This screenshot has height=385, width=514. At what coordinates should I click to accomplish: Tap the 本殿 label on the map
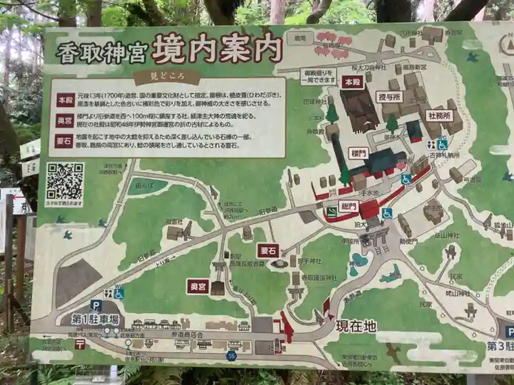pyautogui.click(x=353, y=82)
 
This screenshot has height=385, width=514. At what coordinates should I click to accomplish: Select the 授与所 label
pyautogui.click(x=390, y=96)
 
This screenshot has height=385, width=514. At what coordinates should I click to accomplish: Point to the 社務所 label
pyautogui.click(x=440, y=115)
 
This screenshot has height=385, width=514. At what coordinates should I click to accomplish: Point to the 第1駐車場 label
pyautogui.click(x=95, y=319)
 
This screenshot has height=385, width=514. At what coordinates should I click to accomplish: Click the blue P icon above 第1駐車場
pyautogui.click(x=96, y=306)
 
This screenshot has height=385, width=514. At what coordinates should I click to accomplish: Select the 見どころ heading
pyautogui.click(x=165, y=73)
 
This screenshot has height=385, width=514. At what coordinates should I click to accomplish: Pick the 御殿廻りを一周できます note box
pyautogui.click(x=318, y=76)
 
